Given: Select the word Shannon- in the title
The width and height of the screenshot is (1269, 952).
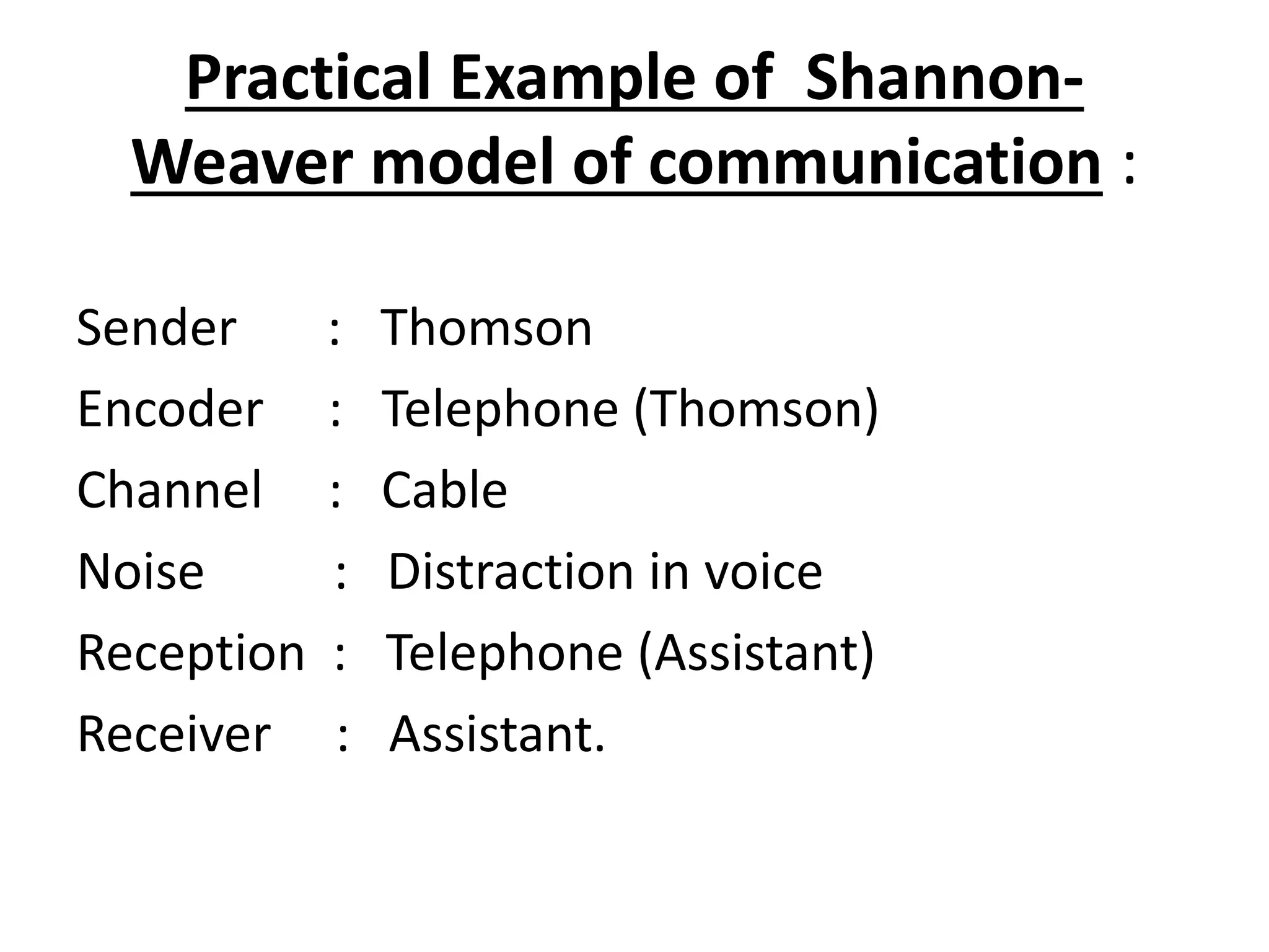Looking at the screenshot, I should pyautogui.click(x=944, y=79).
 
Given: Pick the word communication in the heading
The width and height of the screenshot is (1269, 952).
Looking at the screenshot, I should pyautogui.click(x=874, y=162).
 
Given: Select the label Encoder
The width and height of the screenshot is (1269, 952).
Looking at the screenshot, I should pyautogui.click(x=170, y=409).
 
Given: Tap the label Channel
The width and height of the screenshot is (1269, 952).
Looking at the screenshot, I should pyautogui.click(x=169, y=490).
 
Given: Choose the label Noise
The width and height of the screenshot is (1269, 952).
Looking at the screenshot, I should pyautogui.click(x=141, y=571).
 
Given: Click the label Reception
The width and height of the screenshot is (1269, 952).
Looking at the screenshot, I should pyautogui.click(x=191, y=653).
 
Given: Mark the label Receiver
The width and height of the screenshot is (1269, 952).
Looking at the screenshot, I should pyautogui.click(x=173, y=734).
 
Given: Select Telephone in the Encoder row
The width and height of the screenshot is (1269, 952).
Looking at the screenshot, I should pyautogui.click(x=500, y=409).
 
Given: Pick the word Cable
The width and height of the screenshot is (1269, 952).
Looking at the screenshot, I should pyautogui.click(x=444, y=490).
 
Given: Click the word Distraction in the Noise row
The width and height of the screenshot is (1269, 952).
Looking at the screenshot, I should pyautogui.click(x=511, y=571).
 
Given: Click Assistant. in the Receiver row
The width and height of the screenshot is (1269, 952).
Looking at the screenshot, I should pyautogui.click(x=497, y=734).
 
